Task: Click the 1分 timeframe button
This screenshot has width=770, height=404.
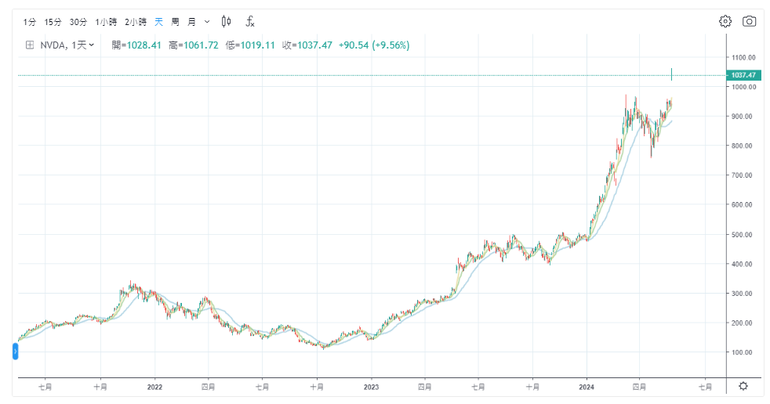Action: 30,22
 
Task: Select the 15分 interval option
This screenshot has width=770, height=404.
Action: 53,22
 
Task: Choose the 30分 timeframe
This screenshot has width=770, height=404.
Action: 78,22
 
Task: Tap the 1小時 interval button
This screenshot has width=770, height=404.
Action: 106,22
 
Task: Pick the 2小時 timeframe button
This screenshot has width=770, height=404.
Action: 136,22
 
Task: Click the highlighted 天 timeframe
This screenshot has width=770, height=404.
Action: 159,22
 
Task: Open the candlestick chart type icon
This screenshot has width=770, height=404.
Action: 227,22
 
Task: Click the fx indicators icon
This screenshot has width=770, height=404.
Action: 250,22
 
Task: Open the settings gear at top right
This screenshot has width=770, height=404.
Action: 725,21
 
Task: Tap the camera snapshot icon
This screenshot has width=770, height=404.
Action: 749,21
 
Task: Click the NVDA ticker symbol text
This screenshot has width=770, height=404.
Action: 54,45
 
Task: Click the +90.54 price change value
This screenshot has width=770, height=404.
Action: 354,45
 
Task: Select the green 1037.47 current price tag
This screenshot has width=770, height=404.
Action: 743,75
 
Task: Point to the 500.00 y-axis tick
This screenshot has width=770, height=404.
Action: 743,234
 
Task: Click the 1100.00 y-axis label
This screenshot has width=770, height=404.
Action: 743,57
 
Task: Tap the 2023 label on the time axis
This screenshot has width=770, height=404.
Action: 371,386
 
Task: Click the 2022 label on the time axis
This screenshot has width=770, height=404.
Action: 154,386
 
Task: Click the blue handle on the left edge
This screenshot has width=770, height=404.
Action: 15,352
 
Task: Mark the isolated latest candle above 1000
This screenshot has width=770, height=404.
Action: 672,74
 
